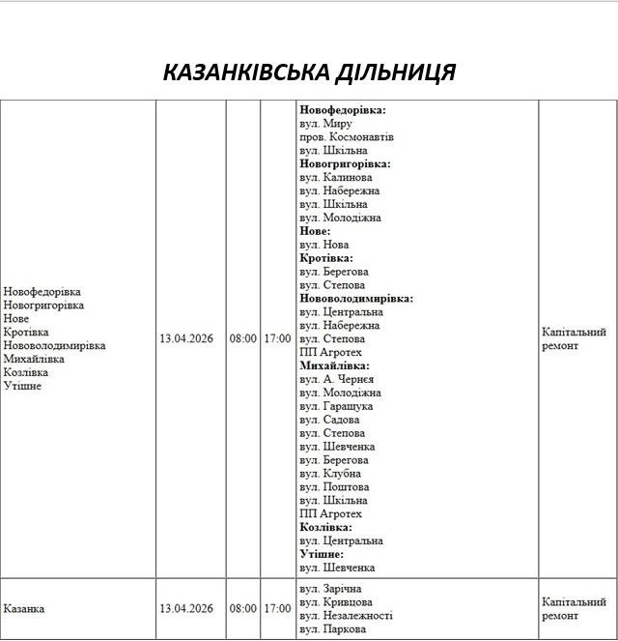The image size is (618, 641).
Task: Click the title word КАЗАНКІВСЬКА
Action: click(x=244, y=73)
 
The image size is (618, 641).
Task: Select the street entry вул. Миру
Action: click(x=326, y=124)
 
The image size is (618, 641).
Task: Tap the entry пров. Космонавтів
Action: click(x=347, y=137)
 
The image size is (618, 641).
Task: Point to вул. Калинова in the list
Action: click(x=336, y=178)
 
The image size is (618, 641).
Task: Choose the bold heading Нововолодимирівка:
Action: click(x=356, y=299)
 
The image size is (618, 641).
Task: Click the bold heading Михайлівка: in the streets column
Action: click(x=334, y=366)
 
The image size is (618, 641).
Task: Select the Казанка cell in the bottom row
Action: click(x=24, y=609)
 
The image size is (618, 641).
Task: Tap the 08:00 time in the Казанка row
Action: click(x=243, y=609)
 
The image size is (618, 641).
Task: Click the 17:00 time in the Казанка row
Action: click(x=277, y=609)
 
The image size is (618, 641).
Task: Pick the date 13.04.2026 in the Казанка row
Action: click(x=186, y=609)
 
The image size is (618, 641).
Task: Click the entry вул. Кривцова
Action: click(x=336, y=602)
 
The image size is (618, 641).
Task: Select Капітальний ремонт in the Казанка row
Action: click(x=574, y=608)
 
